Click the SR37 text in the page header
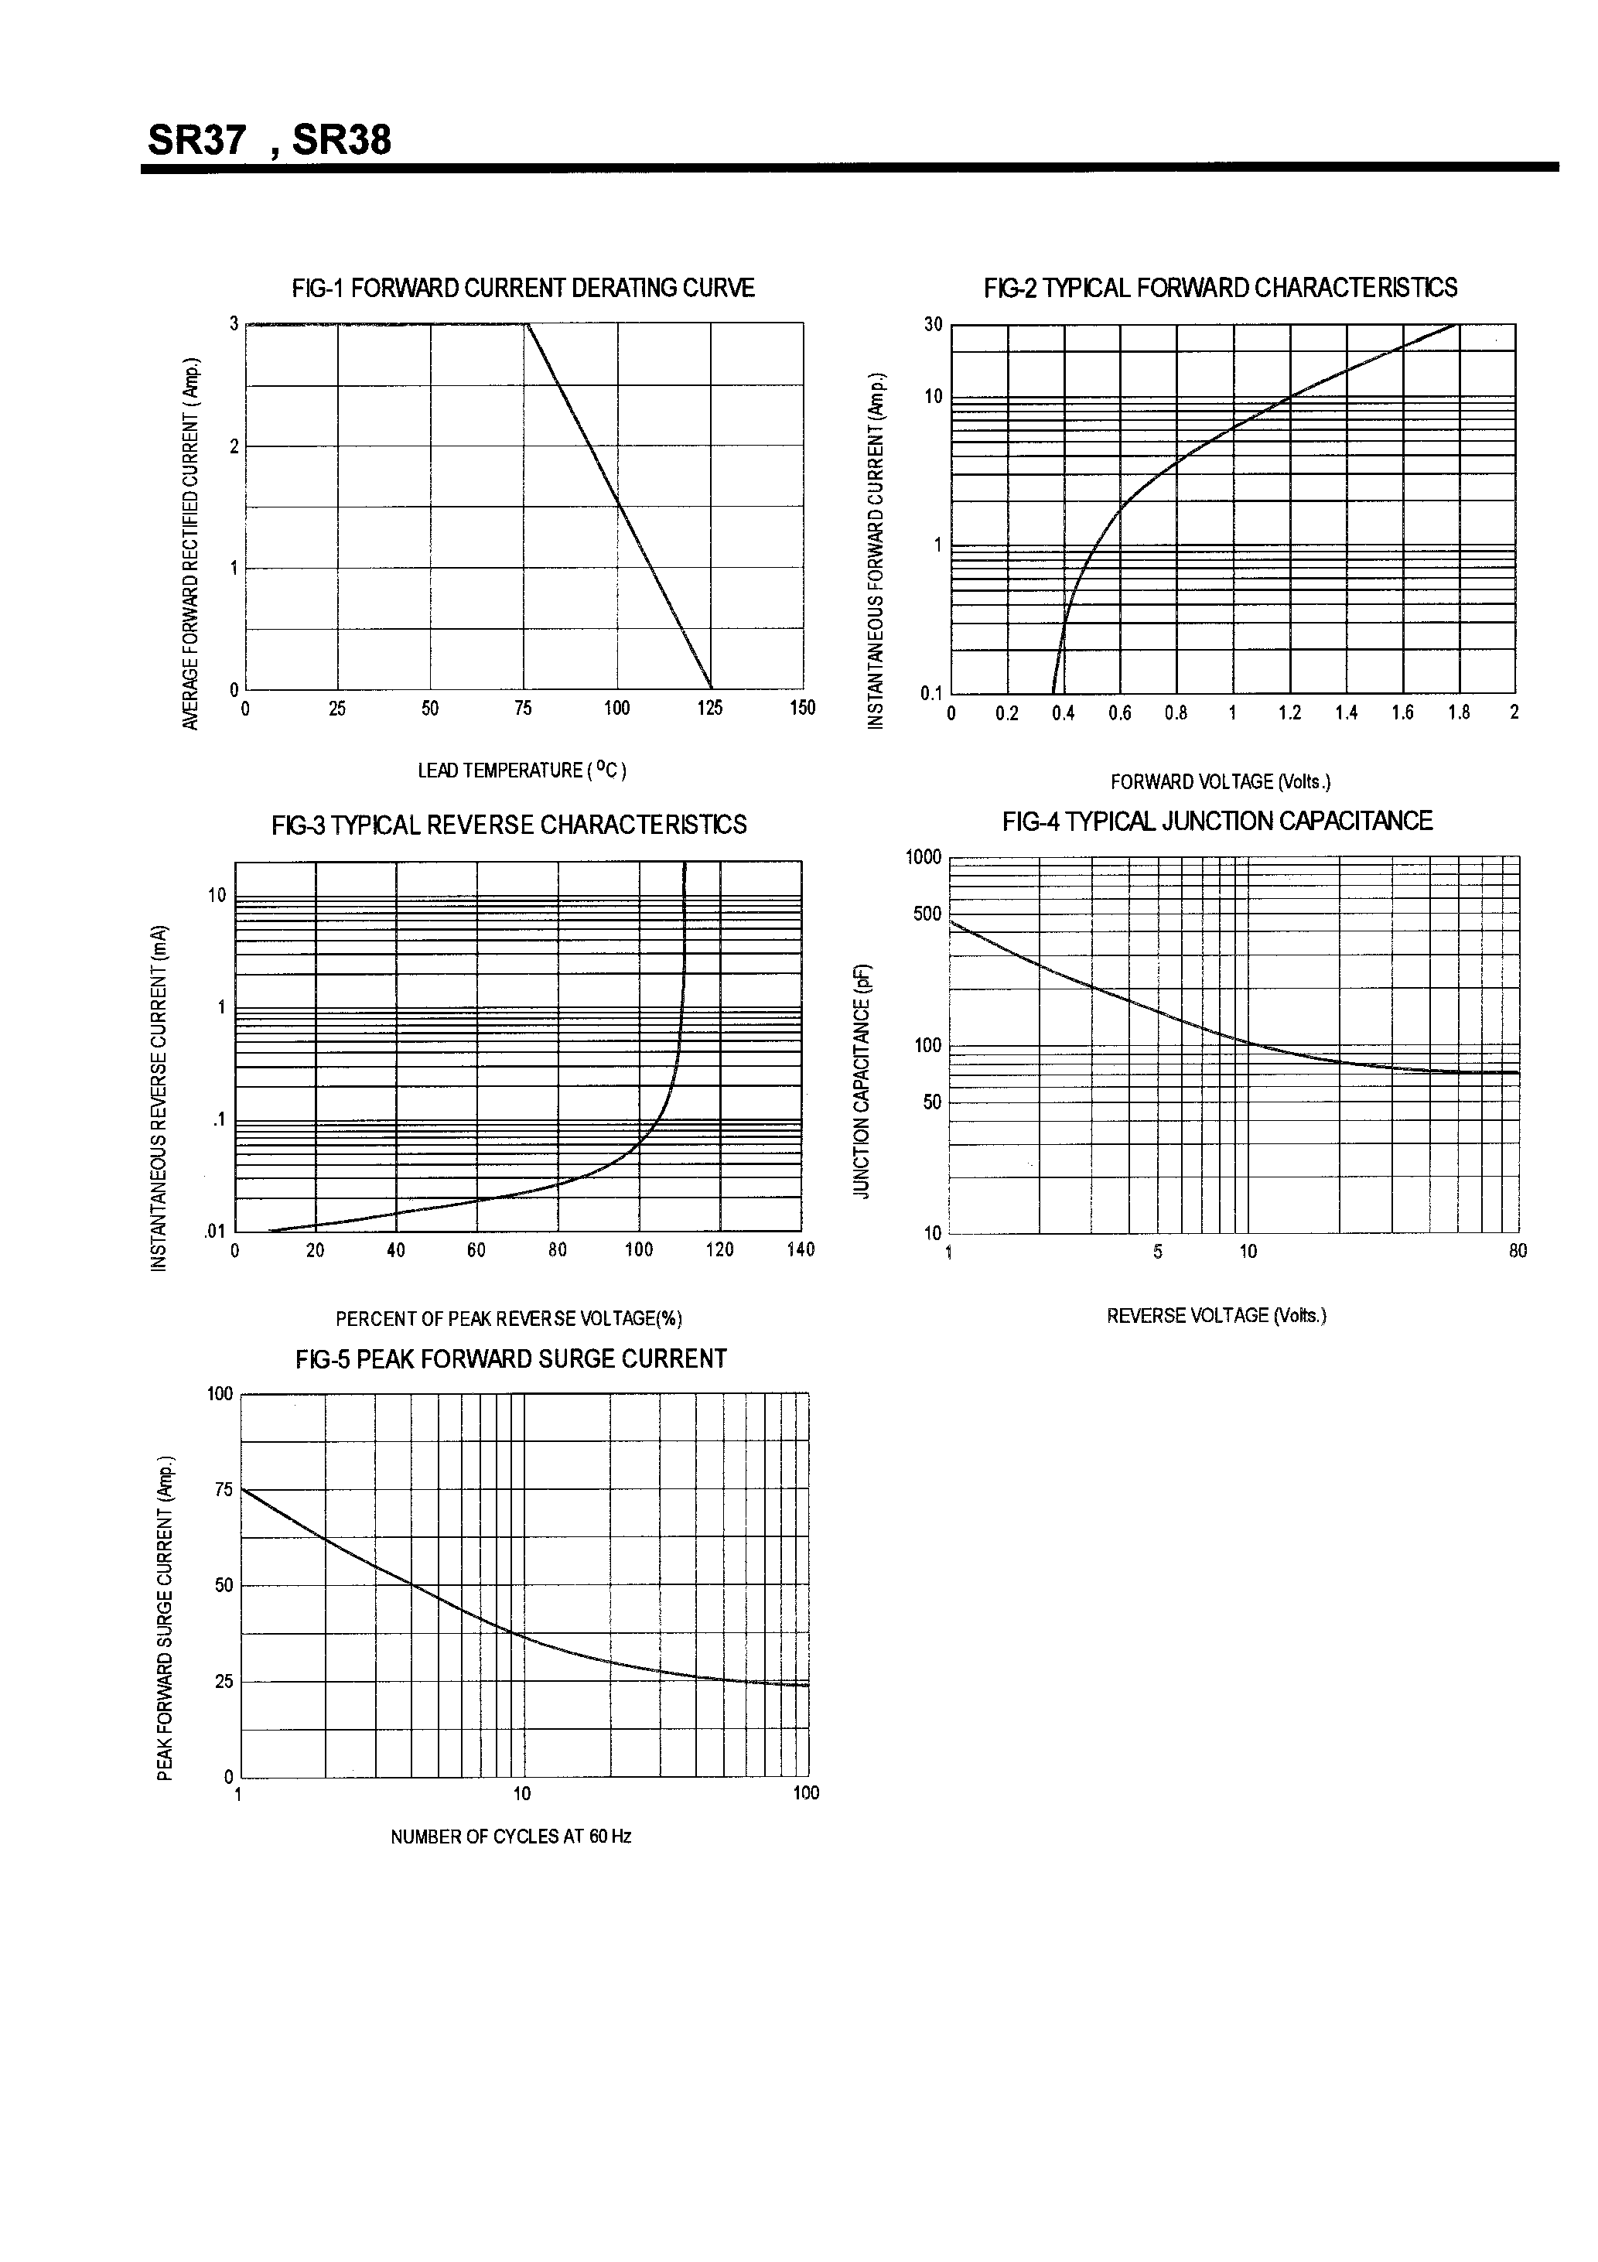click(x=196, y=140)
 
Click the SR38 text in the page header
click(x=342, y=140)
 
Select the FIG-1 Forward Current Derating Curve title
click(x=523, y=288)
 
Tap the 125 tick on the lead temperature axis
click(x=709, y=709)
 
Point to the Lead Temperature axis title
click(x=522, y=771)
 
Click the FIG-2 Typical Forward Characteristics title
click(x=1220, y=288)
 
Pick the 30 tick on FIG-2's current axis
click(x=933, y=325)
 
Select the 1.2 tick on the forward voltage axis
click(x=1289, y=713)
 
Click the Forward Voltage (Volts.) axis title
click(x=1220, y=782)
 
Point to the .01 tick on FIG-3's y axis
click(x=215, y=1232)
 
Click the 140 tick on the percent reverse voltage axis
click(x=801, y=1250)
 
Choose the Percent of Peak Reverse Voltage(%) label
click(x=508, y=1319)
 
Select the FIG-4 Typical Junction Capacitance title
click(x=1217, y=822)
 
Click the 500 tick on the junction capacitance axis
click(x=927, y=914)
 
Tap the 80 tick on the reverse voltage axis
click(x=1518, y=1251)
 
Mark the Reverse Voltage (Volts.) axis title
click(x=1217, y=1316)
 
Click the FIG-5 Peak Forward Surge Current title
click(x=510, y=1359)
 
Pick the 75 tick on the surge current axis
click(x=224, y=1491)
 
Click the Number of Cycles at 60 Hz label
click(x=510, y=1837)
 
